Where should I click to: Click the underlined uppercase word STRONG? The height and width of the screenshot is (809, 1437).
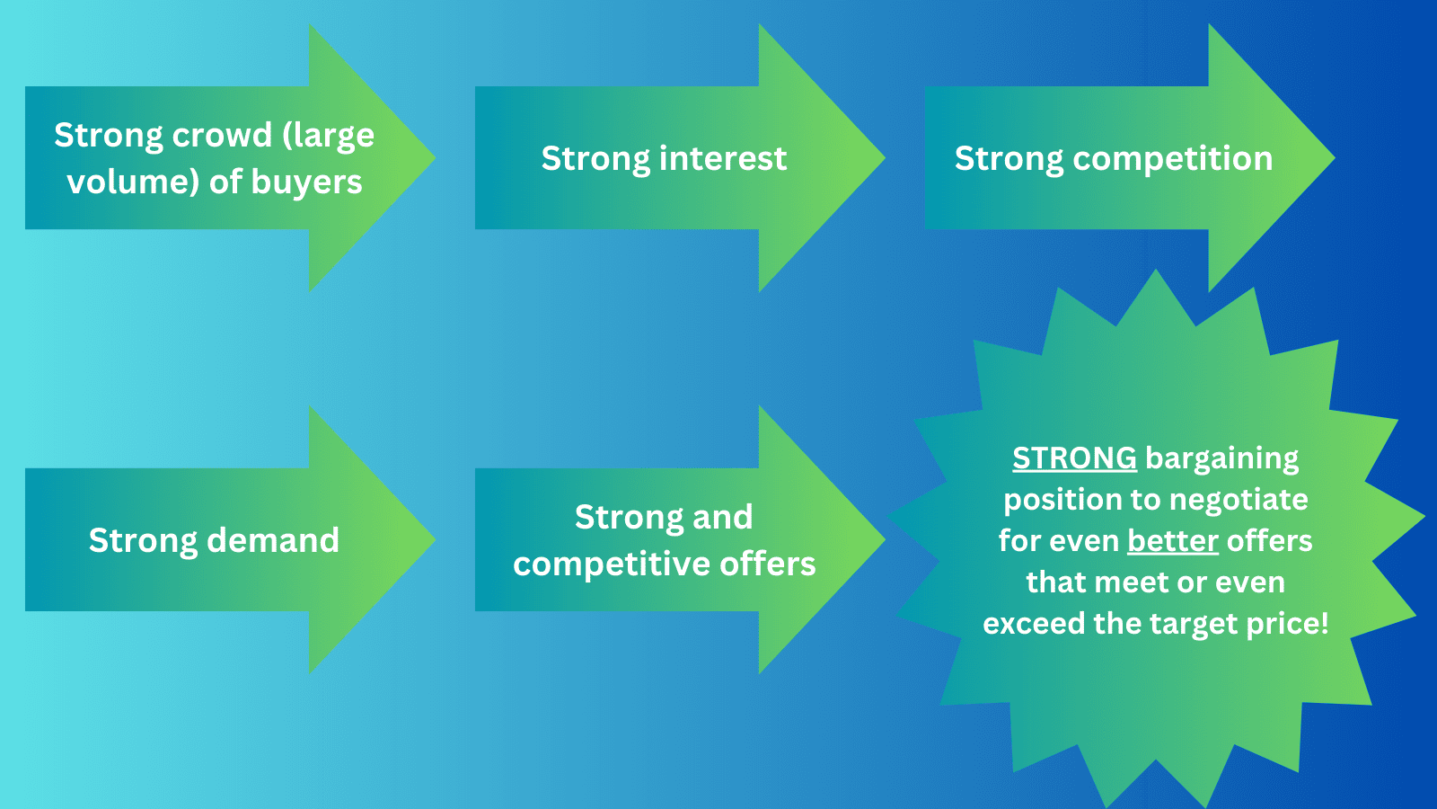pyautogui.click(x=1074, y=458)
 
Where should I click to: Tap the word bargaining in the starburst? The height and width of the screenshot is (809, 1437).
pyautogui.click(x=1222, y=458)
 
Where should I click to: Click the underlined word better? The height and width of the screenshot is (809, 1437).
pyautogui.click(x=1172, y=541)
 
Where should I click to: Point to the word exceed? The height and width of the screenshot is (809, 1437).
pyautogui.click(x=1035, y=624)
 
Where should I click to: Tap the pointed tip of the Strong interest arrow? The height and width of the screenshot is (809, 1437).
pyautogui.click(x=883, y=158)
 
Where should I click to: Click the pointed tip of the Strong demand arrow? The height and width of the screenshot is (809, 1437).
pyautogui.click(x=434, y=540)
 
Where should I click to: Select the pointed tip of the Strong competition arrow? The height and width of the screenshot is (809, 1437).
pyautogui.click(x=1333, y=158)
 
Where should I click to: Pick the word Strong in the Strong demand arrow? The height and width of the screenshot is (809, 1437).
pyautogui.click(x=144, y=540)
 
